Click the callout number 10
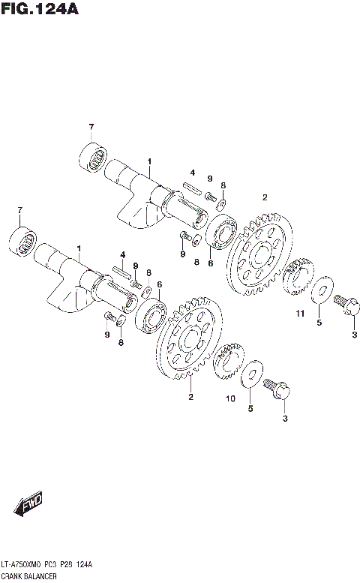(x=231, y=398)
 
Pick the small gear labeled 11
(x=299, y=278)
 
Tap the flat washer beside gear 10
(x=252, y=374)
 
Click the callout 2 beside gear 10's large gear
(x=190, y=397)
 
